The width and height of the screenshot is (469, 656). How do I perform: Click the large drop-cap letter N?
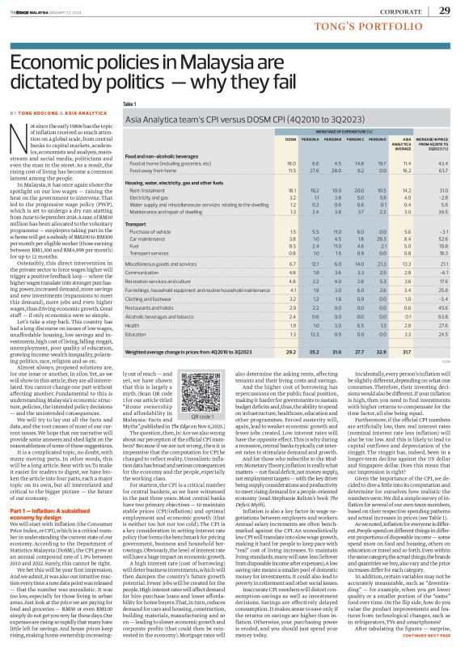[19, 133]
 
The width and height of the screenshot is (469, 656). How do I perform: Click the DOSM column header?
[246, 139]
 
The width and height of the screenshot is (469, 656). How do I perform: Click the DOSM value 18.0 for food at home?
[246, 164]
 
